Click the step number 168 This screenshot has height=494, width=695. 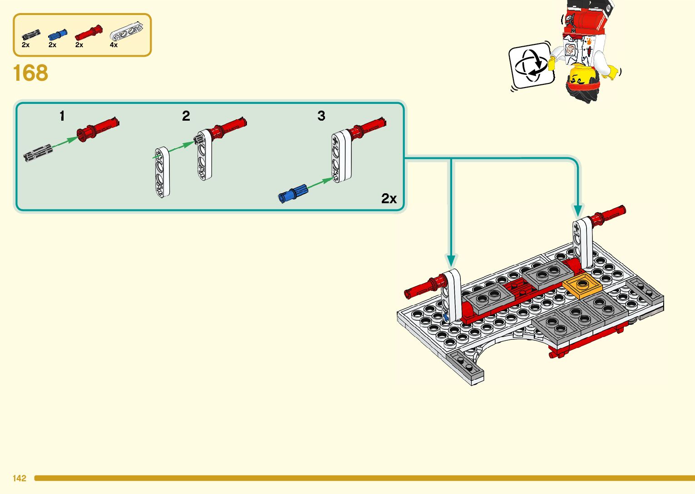30,73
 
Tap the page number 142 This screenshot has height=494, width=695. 20,478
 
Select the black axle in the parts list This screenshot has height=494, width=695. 31,34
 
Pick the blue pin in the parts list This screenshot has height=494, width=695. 58,34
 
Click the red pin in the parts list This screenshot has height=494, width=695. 89,32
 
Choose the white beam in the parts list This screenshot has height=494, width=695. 130,31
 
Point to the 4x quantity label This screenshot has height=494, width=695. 113,45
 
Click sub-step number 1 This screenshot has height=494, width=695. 62,116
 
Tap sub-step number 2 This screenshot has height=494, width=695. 186,116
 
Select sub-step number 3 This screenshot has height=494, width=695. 321,116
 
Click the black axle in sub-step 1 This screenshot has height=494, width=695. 38,153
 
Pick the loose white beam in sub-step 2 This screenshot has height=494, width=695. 162,172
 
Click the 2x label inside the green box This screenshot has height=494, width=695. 389,199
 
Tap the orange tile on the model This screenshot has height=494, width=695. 582,286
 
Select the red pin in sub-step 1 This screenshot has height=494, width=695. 98,129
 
